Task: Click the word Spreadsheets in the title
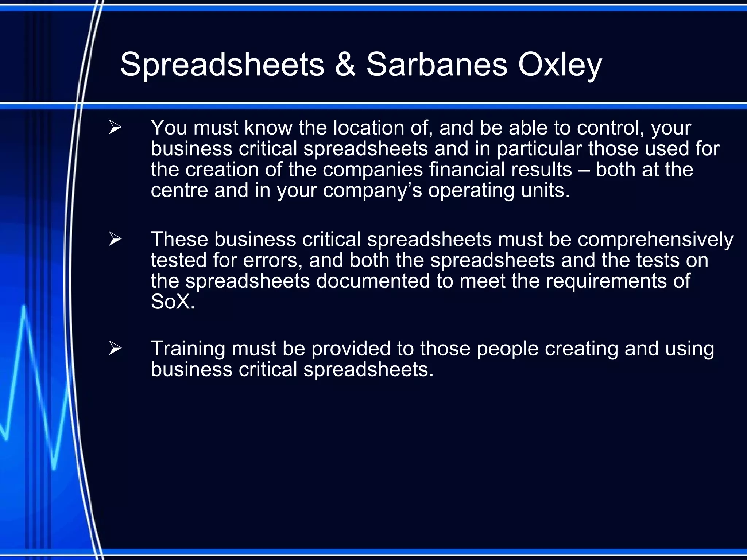tap(222, 65)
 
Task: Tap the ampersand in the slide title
tap(345, 65)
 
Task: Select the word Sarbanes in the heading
tap(436, 65)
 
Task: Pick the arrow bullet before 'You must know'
tap(115, 128)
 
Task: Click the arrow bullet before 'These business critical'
tap(115, 239)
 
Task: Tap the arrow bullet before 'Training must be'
tap(115, 348)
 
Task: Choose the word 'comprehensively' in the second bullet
tap(655, 240)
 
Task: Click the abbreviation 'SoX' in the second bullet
tap(170, 302)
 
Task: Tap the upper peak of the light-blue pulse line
tap(24, 308)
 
